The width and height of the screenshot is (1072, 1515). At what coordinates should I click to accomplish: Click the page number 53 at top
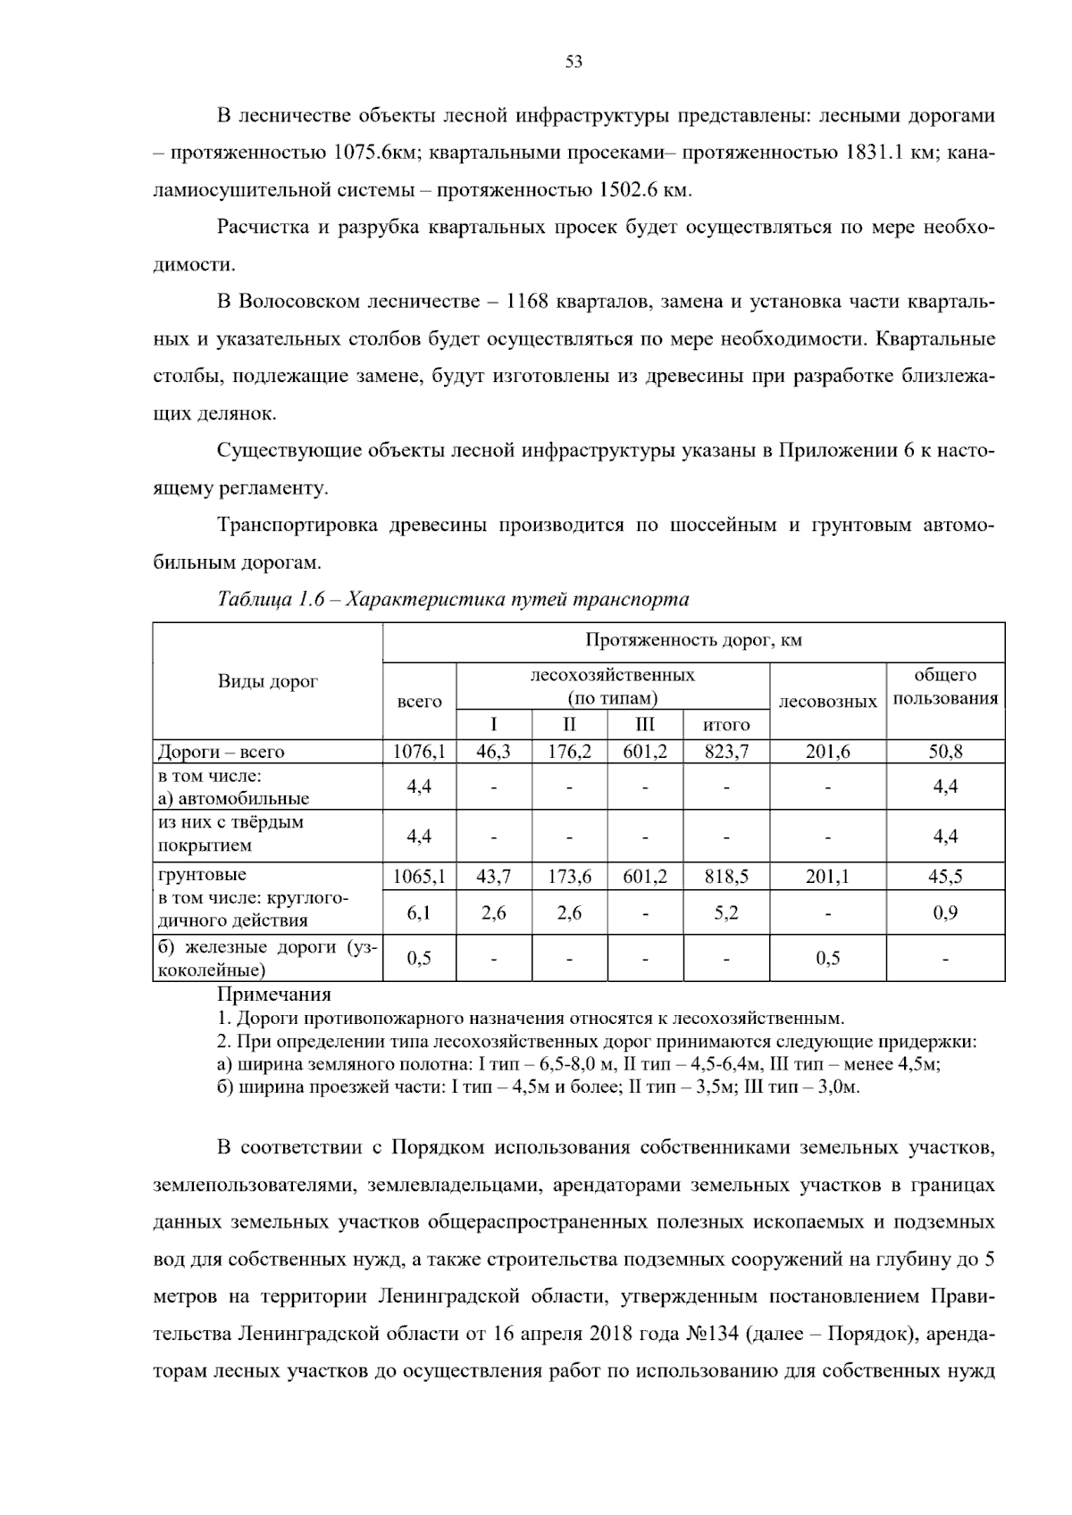(x=574, y=62)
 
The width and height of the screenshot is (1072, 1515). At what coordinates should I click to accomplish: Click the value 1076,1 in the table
(x=419, y=752)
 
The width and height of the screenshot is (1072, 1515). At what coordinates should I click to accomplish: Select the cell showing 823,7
(x=725, y=752)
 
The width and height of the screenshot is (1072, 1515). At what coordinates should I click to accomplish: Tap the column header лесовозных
(x=827, y=702)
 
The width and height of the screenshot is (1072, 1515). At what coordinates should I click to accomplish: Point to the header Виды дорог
(x=268, y=681)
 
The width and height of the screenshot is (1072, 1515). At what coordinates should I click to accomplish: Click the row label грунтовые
(x=202, y=874)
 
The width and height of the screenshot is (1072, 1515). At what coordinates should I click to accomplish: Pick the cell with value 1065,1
(x=419, y=877)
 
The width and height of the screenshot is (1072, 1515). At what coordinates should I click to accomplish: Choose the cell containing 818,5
(x=725, y=877)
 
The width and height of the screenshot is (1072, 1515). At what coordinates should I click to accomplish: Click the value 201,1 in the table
(x=827, y=877)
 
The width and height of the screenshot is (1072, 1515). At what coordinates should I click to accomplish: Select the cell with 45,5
(x=945, y=877)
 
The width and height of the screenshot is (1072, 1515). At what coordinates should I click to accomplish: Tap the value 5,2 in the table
(x=725, y=913)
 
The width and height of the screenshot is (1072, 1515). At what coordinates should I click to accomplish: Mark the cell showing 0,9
(x=945, y=913)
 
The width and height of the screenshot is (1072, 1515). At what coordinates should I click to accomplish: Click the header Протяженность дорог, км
(x=693, y=640)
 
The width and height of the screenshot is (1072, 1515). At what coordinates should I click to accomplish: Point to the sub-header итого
(x=725, y=724)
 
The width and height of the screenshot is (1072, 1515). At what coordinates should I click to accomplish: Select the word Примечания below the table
(x=274, y=994)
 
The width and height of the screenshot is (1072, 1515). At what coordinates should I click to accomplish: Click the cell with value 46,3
(x=493, y=752)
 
